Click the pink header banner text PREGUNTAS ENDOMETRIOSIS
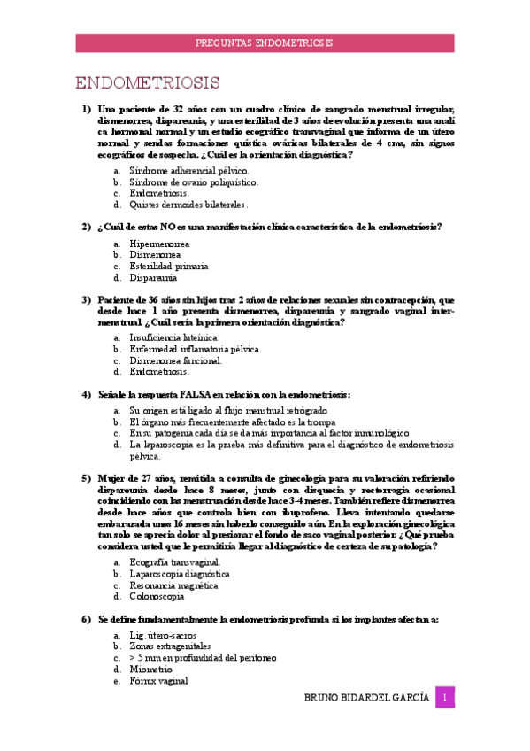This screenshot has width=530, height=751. (264, 43)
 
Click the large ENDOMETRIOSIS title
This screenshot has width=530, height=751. (148, 84)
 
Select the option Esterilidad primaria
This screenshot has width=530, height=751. (169, 266)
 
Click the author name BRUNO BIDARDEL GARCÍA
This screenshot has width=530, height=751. (368, 699)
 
